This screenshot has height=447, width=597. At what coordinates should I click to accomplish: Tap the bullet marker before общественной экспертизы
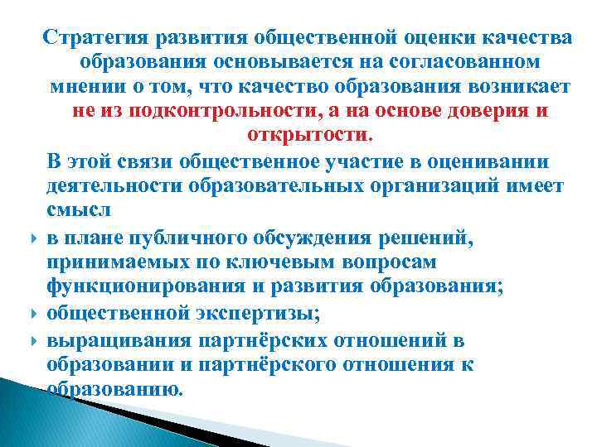tap(30, 315)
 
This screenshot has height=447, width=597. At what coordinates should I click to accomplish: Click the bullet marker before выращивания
tap(30, 340)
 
